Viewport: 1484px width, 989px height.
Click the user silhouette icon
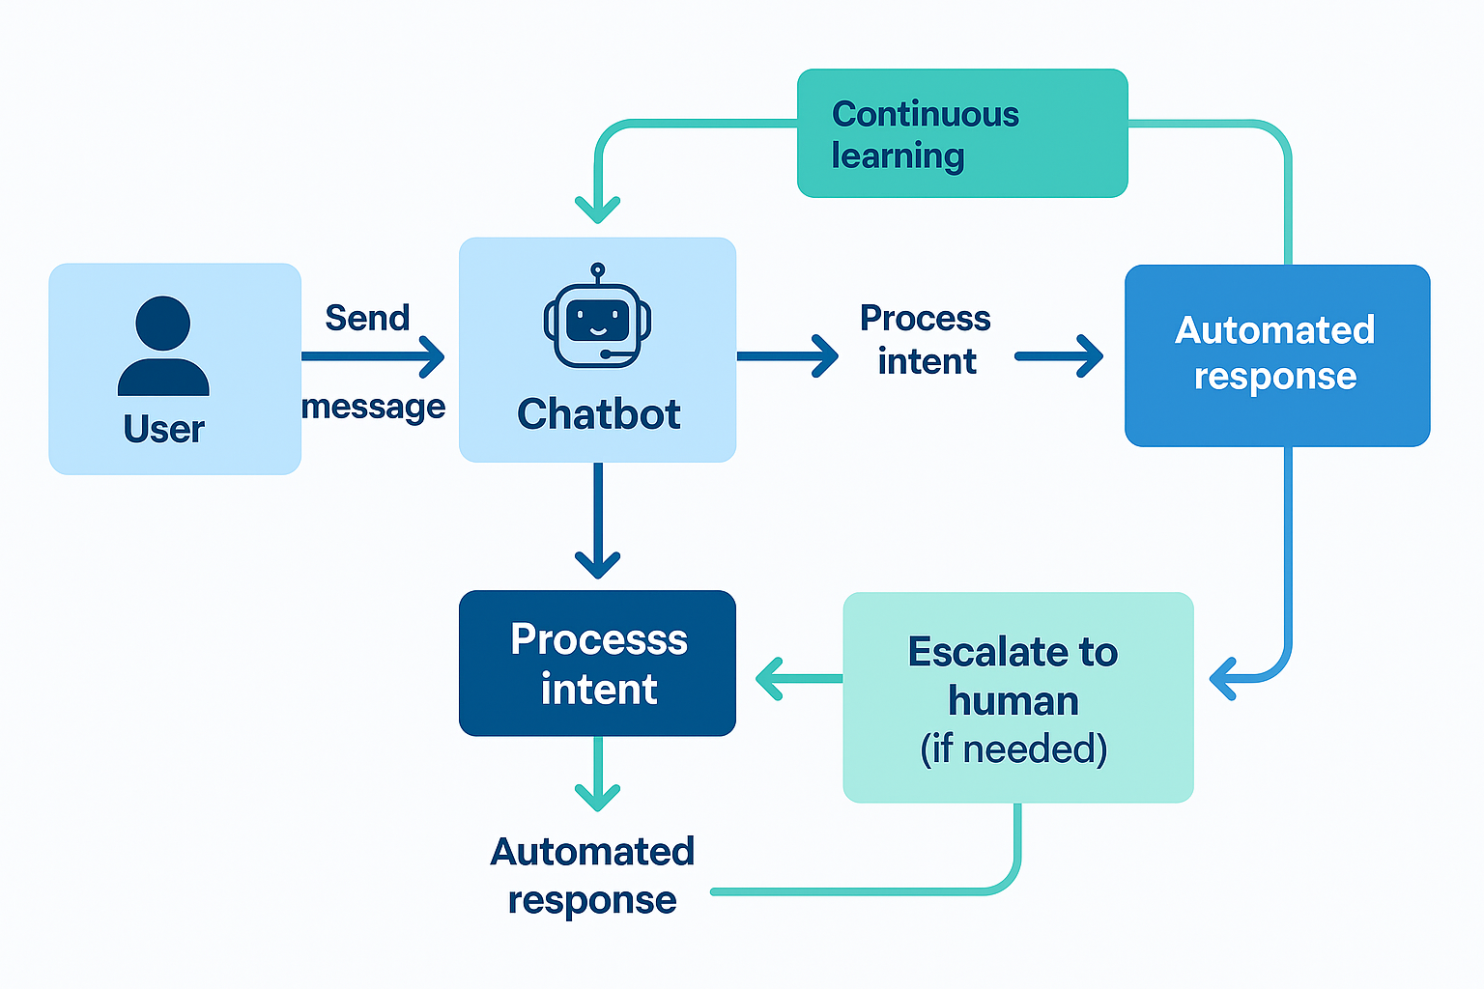point(163,346)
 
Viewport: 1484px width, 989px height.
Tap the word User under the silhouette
point(163,429)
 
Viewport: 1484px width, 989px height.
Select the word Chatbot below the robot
point(598,414)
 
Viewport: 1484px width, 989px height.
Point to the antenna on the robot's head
point(597,271)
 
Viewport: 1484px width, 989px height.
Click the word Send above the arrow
point(367,318)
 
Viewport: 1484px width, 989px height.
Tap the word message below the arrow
point(373,407)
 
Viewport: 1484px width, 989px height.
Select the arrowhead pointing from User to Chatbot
point(432,356)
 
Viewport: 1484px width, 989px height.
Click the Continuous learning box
point(962,133)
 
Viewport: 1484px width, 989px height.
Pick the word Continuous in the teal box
point(925,114)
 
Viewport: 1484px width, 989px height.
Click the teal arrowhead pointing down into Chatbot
point(597,209)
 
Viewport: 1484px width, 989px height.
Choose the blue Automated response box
point(1276,354)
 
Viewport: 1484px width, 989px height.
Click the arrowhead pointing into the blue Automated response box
point(1089,356)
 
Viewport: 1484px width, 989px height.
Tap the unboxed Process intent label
point(926,339)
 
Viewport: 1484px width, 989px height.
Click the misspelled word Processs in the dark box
point(598,639)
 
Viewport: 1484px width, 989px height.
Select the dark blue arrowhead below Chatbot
point(597,563)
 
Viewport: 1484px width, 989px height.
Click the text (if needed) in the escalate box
point(1013,749)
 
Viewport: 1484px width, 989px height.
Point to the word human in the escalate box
point(1013,700)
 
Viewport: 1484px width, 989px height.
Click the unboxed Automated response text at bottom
point(592,875)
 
